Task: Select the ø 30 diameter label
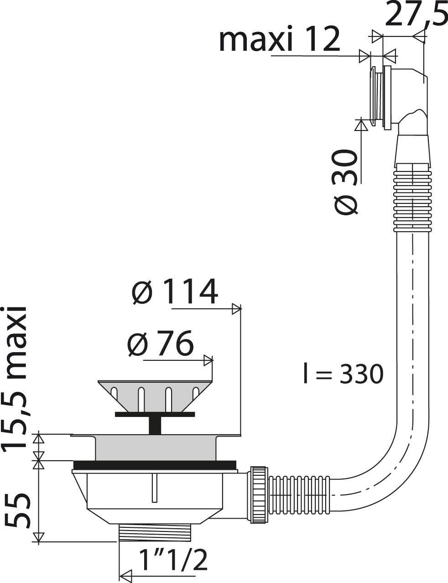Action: (x=347, y=182)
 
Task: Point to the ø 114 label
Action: (x=175, y=291)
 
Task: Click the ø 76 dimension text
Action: (x=160, y=343)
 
